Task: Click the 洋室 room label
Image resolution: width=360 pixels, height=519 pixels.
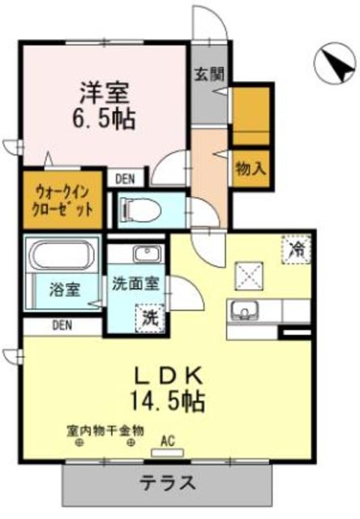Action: [x=103, y=88]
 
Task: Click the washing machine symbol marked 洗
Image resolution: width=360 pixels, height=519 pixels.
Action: [x=151, y=315]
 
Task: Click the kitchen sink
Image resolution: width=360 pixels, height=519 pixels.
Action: [x=243, y=309]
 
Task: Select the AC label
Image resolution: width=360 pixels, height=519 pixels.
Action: [x=169, y=442]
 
